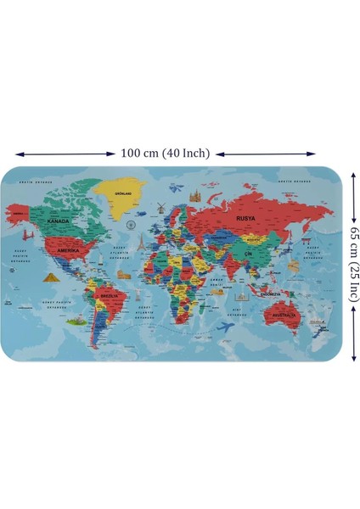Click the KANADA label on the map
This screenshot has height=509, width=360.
59,221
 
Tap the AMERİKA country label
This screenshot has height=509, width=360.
67,251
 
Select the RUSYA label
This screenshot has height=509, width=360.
245,219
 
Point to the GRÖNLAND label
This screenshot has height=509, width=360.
127,193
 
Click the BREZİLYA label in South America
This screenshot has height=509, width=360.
108,296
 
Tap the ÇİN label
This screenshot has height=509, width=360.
248,254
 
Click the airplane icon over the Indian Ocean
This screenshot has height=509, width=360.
227,327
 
